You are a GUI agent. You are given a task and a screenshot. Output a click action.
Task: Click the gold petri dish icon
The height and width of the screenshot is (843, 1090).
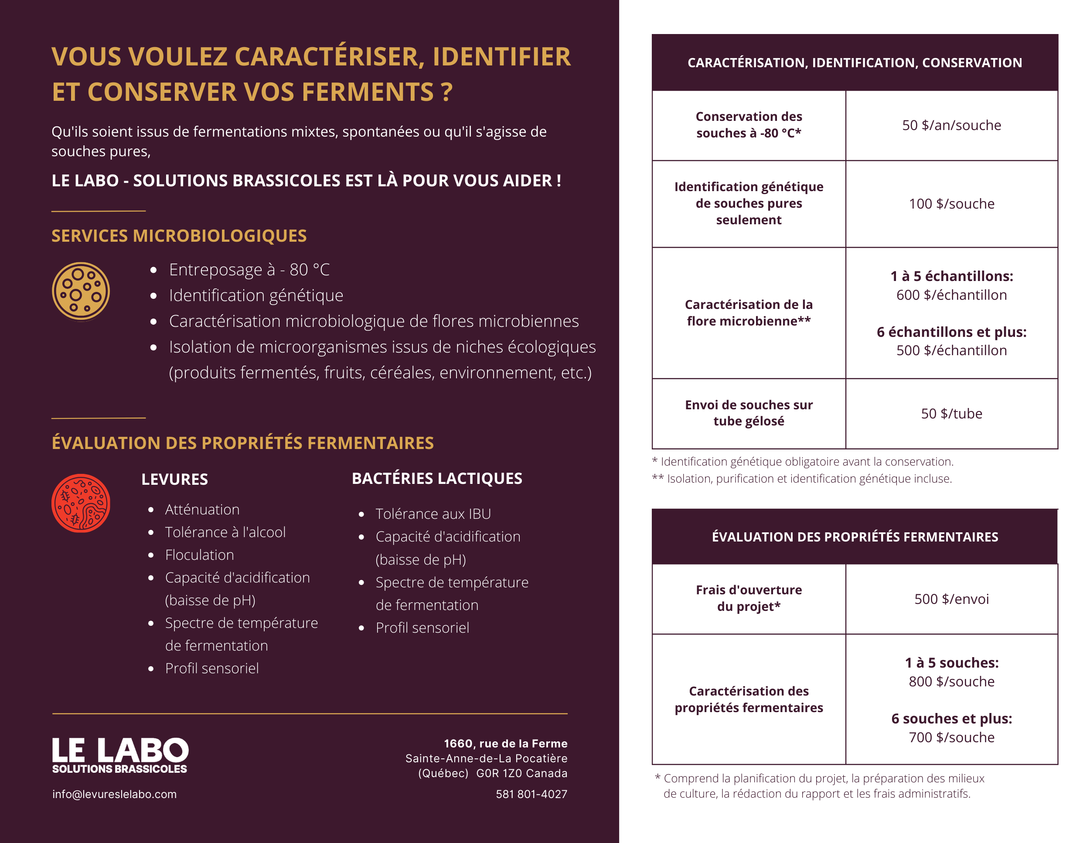tap(81, 291)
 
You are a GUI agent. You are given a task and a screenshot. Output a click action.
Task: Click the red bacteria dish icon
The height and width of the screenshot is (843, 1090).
tap(81, 503)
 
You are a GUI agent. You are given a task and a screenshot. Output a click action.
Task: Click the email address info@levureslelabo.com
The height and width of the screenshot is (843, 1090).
tap(114, 794)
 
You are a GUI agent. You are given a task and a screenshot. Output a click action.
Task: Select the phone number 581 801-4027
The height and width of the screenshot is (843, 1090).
tap(531, 794)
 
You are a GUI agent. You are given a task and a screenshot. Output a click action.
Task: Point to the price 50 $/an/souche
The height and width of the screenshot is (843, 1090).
tap(951, 125)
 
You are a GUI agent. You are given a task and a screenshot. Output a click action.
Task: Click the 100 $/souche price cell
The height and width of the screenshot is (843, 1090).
tap(951, 204)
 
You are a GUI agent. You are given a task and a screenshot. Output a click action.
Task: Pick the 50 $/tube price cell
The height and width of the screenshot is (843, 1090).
tap(951, 414)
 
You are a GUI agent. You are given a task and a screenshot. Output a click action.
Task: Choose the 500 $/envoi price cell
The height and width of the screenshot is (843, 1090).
tap(951, 599)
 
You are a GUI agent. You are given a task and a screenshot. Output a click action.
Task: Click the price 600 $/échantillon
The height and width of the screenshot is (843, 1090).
tap(951, 295)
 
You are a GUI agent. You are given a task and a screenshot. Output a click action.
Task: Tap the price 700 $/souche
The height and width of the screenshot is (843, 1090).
tap(951, 737)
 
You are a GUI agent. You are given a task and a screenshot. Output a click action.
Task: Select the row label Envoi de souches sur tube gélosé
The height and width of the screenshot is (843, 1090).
tap(749, 413)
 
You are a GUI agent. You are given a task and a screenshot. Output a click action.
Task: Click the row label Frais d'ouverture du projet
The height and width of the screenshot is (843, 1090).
tap(749, 598)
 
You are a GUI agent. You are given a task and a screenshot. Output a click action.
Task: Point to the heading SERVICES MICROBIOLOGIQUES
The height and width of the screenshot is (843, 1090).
tap(179, 236)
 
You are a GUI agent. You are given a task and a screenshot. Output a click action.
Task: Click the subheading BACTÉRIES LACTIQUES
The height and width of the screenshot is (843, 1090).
tap(437, 478)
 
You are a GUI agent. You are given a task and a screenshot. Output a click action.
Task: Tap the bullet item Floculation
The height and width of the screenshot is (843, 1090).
tap(199, 555)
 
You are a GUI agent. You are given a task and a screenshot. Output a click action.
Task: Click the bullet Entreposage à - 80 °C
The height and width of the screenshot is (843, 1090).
tap(249, 270)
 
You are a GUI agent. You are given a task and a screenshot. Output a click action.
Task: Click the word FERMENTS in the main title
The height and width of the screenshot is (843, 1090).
tap(367, 92)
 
